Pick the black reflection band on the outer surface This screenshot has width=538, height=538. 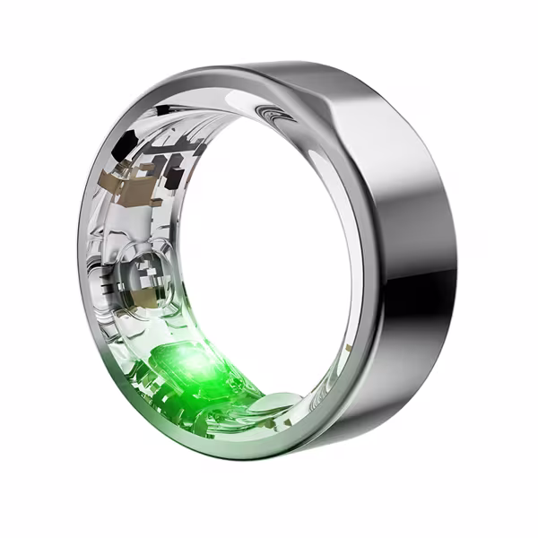pos(430,296)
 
